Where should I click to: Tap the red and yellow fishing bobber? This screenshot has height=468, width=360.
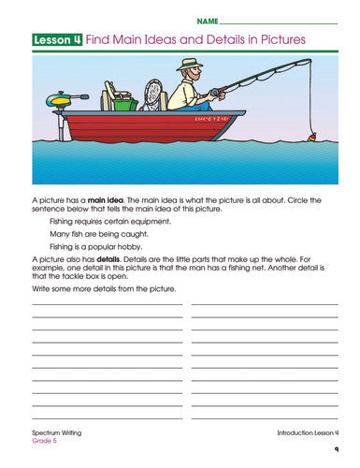(x=311, y=137)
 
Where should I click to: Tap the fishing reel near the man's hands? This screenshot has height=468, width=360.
(x=218, y=93)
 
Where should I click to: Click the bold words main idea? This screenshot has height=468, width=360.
(x=105, y=199)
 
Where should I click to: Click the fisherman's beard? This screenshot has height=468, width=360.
(x=193, y=79)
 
